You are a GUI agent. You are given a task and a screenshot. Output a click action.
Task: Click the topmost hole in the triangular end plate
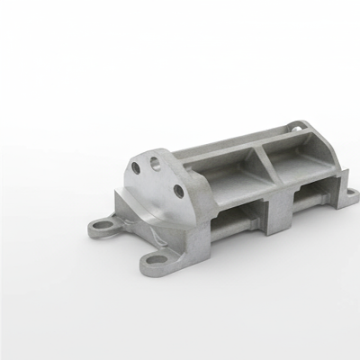click(x=156, y=163)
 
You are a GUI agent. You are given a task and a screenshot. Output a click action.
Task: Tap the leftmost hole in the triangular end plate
click(x=136, y=168)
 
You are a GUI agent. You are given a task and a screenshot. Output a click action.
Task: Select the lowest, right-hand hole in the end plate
click(x=178, y=190)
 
